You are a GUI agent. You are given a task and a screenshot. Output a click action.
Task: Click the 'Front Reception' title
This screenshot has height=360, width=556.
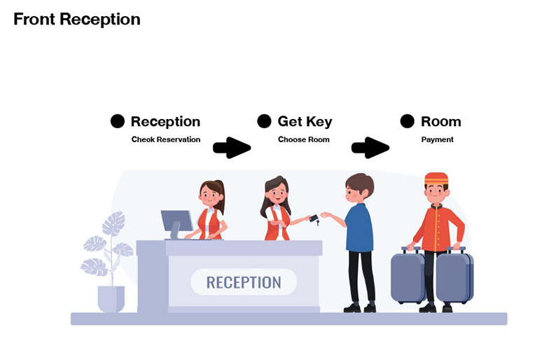(77, 19)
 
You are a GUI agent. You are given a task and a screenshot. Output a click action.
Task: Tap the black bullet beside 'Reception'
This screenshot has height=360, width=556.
(118, 121)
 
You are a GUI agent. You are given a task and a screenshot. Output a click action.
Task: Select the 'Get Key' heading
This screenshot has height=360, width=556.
(305, 122)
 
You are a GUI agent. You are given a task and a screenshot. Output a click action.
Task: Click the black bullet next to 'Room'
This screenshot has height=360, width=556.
(407, 121)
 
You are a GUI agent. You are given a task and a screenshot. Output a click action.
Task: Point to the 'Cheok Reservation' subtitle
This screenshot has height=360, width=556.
(166, 139)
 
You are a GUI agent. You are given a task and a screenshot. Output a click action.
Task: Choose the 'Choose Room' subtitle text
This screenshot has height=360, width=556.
(303, 139)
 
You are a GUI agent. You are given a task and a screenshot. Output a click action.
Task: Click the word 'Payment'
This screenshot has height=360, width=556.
(437, 140)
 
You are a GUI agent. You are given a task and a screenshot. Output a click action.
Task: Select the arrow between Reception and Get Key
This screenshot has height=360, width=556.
(232, 148)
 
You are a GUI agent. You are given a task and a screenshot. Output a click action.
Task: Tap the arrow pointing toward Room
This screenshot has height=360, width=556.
(370, 148)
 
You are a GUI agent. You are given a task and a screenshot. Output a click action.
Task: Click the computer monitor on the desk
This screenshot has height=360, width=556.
(176, 223)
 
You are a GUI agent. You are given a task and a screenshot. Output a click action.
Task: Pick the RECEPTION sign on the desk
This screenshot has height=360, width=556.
(244, 282)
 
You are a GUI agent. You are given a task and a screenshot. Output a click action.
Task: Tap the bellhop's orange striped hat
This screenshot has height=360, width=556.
(436, 179)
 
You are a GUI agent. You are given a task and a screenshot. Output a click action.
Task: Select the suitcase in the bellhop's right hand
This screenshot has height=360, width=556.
(408, 275)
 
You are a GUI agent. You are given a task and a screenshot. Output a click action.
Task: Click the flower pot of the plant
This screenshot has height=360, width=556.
(111, 299)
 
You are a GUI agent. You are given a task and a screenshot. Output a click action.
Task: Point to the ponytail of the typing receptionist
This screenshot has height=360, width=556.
(220, 196)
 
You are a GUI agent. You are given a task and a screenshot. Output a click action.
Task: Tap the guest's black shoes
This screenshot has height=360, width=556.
(360, 308)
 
